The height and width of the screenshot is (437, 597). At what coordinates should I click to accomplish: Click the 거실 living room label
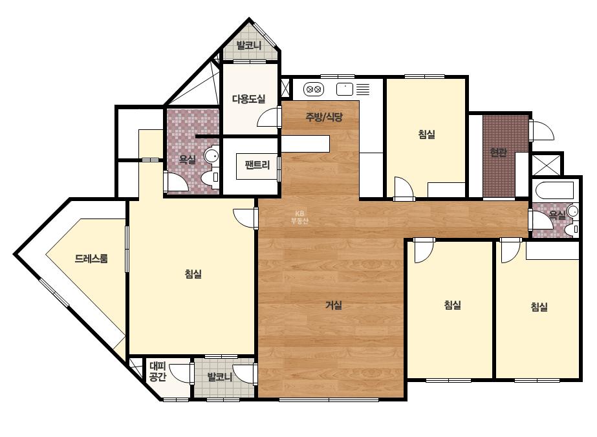[334, 305]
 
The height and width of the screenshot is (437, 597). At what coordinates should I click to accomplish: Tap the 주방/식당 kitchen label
[324, 117]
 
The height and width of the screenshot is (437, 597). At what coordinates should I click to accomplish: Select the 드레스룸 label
[91, 259]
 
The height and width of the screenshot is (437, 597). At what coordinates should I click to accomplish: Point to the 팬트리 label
[257, 165]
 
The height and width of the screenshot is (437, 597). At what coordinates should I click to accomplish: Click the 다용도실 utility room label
[248, 99]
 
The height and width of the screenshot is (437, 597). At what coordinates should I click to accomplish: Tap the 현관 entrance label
[499, 153]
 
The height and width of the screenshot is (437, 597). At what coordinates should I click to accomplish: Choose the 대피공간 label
[158, 372]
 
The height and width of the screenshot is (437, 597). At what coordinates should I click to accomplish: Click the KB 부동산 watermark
[299, 217]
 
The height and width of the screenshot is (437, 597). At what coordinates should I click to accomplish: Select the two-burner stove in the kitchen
[314, 89]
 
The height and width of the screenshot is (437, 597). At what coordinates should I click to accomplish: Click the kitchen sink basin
[345, 89]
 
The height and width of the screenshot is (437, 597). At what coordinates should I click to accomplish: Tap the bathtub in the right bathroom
[554, 190]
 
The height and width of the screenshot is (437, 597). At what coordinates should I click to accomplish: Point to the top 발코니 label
[249, 46]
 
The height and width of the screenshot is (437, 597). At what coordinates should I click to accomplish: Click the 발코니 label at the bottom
[220, 378]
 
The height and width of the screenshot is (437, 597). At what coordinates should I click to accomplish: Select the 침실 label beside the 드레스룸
[193, 273]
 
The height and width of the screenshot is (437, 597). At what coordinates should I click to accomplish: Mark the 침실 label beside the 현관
[427, 134]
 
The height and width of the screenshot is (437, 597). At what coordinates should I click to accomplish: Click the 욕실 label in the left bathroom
[187, 160]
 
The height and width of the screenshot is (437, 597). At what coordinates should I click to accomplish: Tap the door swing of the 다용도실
[268, 117]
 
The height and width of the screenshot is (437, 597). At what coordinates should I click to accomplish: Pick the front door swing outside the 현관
[542, 130]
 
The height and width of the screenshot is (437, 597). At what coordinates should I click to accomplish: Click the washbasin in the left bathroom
[212, 155]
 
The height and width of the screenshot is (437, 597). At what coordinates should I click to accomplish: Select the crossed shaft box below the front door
[547, 164]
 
